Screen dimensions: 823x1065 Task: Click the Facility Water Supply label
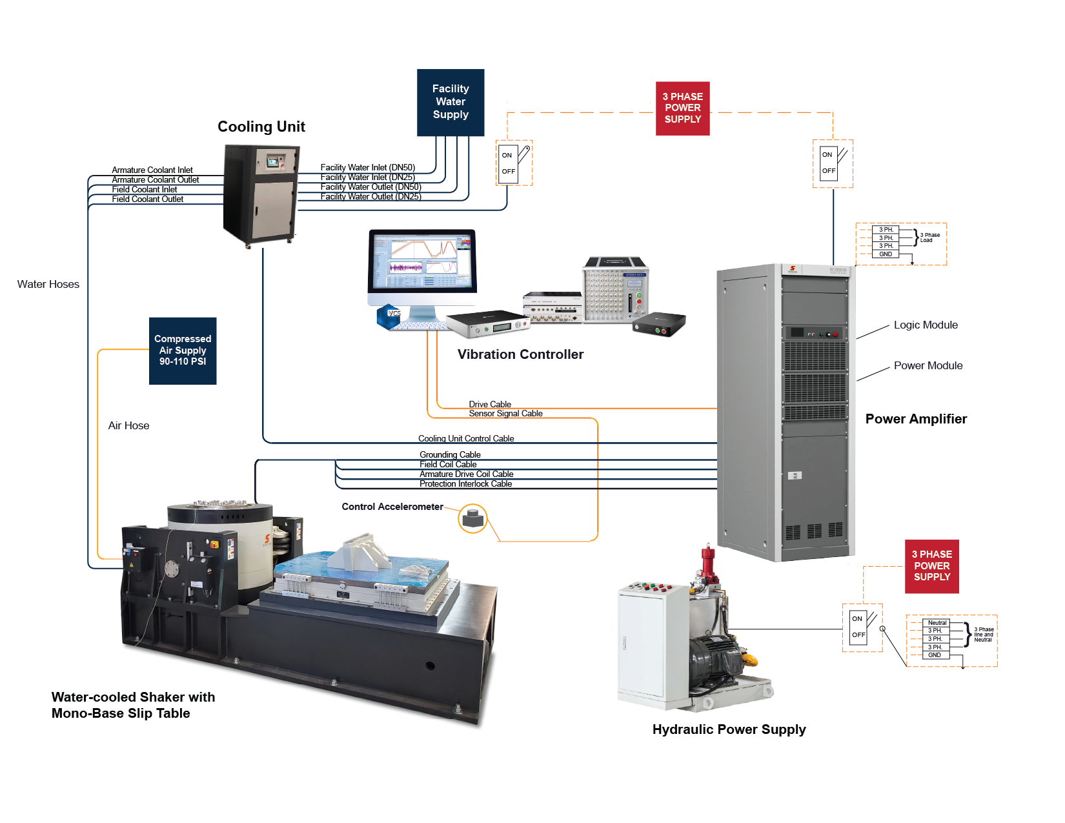point(451,101)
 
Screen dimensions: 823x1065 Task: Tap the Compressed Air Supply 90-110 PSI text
point(183,350)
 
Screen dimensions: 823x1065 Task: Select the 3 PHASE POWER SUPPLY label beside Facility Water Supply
point(683,108)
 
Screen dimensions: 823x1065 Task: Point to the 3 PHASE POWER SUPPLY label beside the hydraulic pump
point(932,565)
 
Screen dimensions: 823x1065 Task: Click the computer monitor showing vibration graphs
point(422,261)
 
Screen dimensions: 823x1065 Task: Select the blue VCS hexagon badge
point(392,314)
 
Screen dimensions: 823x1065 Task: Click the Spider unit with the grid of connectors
point(614,291)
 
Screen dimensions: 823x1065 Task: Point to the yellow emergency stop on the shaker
point(215,544)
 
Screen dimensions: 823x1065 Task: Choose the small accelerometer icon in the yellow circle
point(474,520)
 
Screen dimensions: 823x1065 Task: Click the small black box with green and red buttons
point(658,323)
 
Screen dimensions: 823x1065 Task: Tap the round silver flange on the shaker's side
point(172,569)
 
